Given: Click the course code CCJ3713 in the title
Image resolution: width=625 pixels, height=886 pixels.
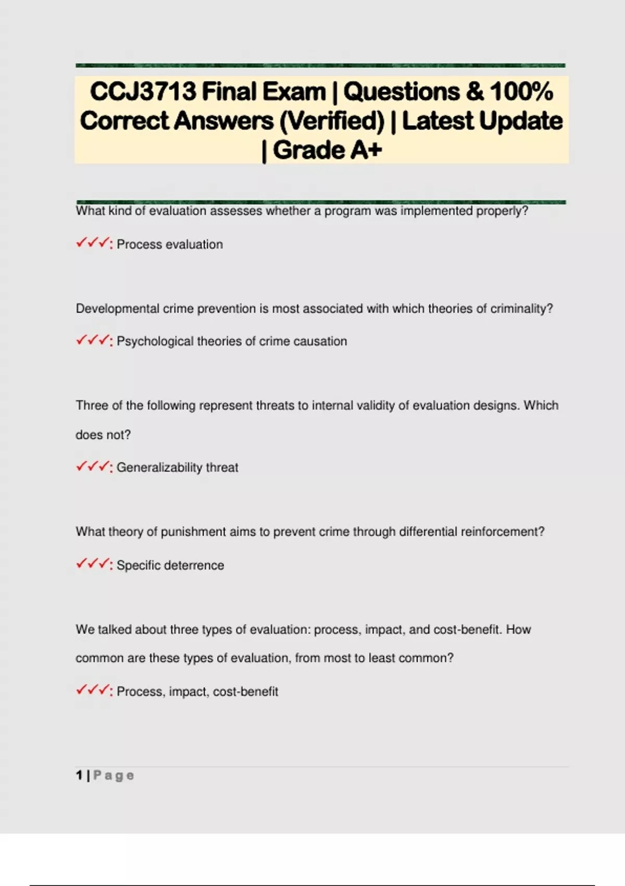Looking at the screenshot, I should (143, 92).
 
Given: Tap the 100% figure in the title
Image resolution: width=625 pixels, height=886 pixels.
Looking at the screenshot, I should (521, 92).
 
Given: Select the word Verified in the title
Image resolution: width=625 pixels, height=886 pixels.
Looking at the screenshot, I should (331, 121).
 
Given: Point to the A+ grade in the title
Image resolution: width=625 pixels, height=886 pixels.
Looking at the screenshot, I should (366, 150).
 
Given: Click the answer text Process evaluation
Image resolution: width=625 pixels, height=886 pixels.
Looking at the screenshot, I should (169, 244).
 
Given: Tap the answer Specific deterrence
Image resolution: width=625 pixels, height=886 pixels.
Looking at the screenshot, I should (170, 565).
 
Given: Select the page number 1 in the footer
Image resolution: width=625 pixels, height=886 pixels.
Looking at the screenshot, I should (79, 776).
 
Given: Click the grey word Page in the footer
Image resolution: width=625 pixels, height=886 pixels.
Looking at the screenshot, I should (114, 776).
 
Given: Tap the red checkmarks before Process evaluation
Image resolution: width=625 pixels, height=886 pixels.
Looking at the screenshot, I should (93, 243).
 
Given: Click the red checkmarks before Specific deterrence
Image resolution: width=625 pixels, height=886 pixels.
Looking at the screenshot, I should (93, 564).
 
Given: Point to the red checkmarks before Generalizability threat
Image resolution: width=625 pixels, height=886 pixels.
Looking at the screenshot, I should (93, 466).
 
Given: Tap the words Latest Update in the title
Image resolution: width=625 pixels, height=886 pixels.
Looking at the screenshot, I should (482, 121).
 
